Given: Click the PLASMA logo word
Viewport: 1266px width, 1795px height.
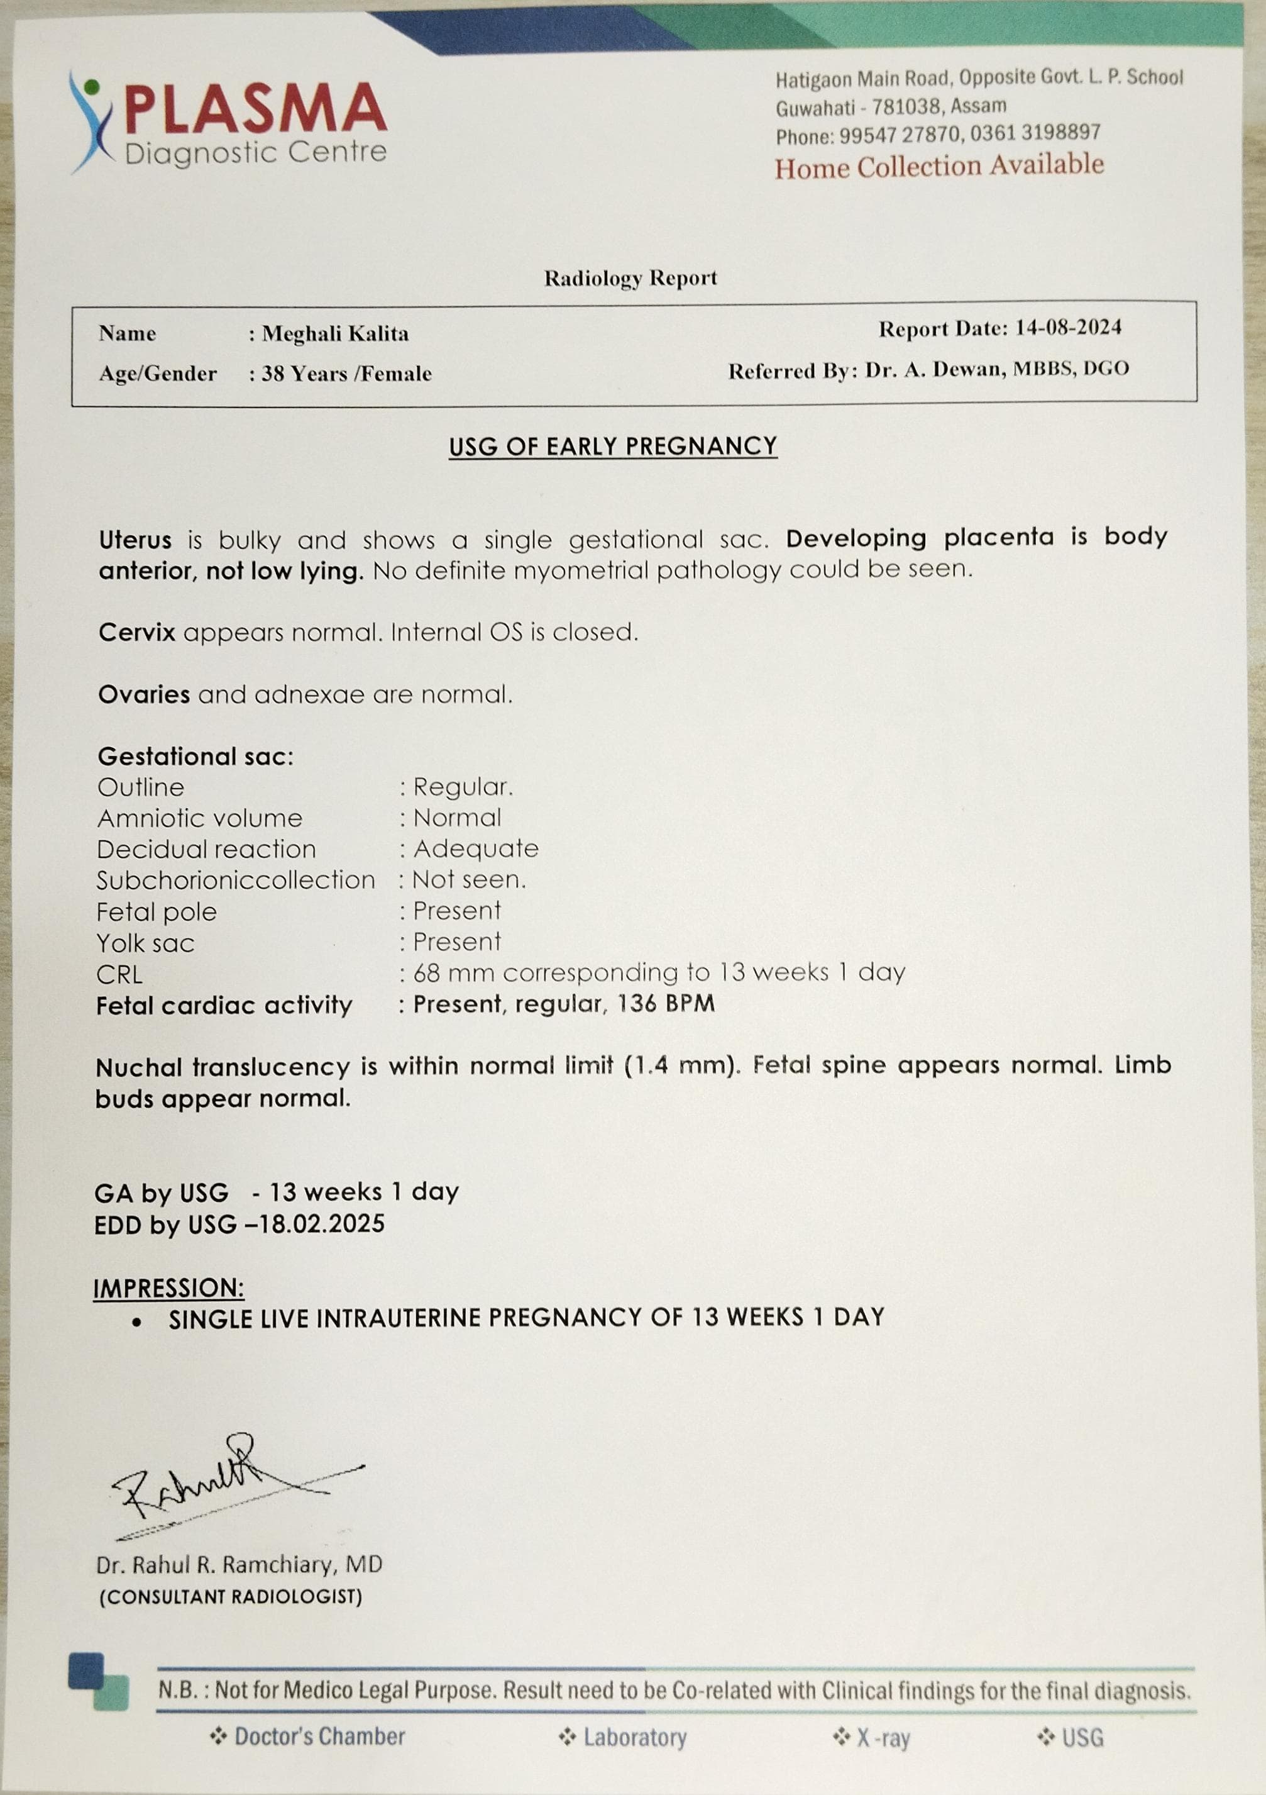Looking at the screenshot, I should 255,109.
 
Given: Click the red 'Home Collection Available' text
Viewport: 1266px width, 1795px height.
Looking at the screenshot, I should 938,167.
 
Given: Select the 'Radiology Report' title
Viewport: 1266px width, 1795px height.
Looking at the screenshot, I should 630,279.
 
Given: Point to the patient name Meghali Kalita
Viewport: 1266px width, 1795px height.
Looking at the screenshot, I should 335,334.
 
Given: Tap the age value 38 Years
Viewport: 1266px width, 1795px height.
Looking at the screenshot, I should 305,374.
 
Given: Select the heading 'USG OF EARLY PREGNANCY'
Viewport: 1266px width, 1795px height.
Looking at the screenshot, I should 613,447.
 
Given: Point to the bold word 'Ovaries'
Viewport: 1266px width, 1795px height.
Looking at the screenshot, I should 144,694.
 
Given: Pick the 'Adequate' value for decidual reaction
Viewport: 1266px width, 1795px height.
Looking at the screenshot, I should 476,849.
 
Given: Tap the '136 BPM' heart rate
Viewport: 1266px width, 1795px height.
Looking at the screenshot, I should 666,1004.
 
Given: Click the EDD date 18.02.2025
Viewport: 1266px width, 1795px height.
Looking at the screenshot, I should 322,1225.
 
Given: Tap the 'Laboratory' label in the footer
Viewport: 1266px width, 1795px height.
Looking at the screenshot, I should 634,1737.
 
